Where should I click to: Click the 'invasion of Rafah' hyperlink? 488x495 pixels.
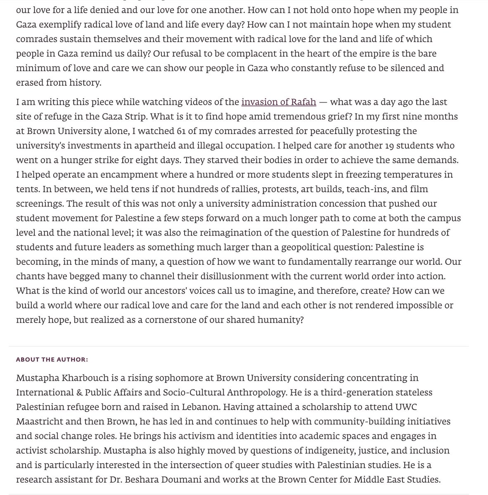click(x=279, y=102)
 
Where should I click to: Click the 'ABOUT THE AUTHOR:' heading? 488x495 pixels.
click(x=52, y=359)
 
